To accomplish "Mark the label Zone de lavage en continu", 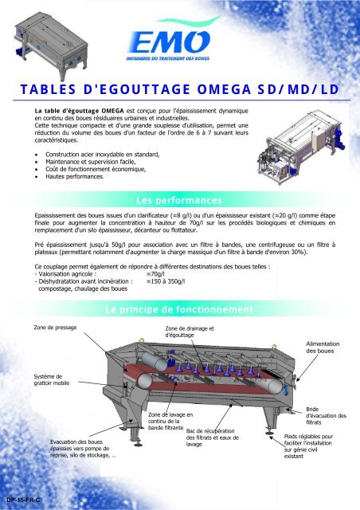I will coord(171,422).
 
